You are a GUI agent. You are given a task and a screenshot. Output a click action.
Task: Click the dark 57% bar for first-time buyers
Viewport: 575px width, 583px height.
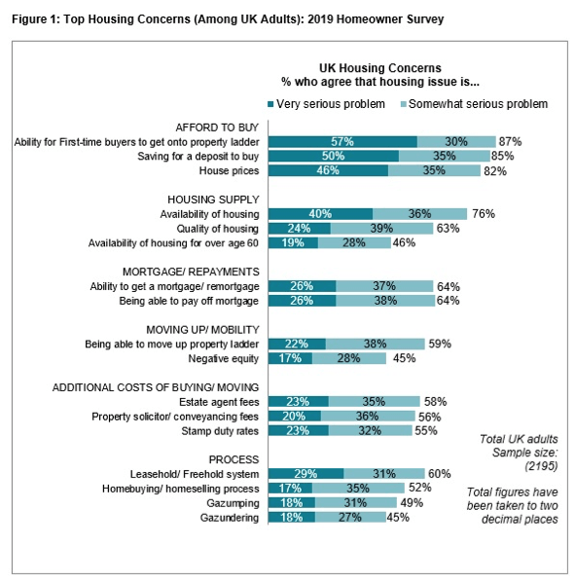point(342,142)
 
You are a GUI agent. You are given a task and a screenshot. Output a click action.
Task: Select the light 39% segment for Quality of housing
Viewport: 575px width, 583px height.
point(381,229)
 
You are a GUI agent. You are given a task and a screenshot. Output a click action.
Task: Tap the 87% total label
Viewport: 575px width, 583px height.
point(510,142)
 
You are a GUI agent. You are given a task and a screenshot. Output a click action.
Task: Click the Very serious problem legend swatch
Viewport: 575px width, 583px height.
point(270,104)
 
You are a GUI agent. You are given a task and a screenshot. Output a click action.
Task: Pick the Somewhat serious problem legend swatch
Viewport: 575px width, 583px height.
point(404,104)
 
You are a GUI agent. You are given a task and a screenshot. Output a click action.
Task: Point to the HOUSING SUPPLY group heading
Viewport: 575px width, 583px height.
point(213,200)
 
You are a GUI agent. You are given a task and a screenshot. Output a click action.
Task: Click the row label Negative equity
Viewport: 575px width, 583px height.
point(224,359)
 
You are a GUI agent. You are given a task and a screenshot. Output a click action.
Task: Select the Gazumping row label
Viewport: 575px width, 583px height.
point(233,503)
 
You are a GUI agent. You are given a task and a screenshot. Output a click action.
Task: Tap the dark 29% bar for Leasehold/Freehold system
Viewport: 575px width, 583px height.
point(305,474)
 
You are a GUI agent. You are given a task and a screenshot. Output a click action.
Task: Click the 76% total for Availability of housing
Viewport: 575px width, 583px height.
point(484,214)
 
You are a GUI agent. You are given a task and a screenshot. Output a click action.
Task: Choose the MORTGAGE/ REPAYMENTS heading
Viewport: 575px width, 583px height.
point(191,272)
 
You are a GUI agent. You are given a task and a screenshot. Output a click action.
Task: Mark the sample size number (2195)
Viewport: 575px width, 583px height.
point(541,466)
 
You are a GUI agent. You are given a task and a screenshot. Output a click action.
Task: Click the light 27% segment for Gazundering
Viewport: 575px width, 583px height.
point(350,517)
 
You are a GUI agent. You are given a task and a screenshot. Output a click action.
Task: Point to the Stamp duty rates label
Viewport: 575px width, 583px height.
point(220,431)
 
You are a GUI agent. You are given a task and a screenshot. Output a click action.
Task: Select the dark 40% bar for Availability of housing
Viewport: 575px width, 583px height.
point(320,214)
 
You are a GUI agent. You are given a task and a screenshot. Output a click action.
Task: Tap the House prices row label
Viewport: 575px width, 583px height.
point(229,170)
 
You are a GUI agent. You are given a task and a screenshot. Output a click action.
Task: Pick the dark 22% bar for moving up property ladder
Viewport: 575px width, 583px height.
point(297,344)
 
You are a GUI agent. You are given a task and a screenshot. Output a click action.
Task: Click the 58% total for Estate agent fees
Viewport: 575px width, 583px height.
point(436,402)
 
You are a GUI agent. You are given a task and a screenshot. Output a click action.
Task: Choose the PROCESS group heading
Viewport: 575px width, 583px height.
point(234,459)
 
